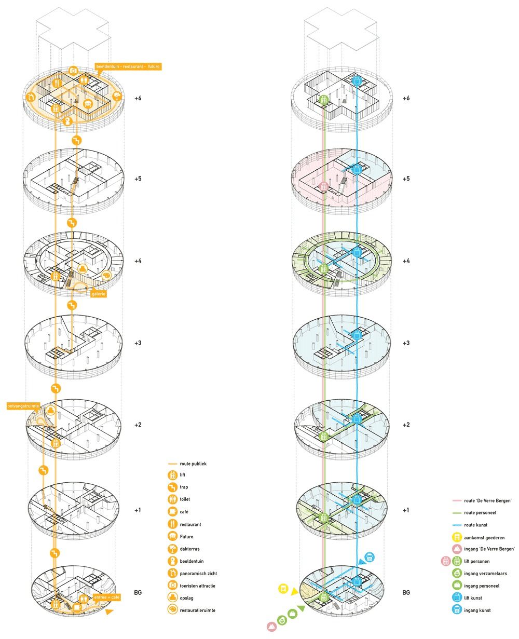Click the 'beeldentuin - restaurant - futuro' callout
click(x=128, y=66)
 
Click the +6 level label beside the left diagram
click(x=138, y=98)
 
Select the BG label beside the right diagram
click(x=406, y=592)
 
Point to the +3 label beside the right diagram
click(x=407, y=343)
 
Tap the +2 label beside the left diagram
click(x=138, y=425)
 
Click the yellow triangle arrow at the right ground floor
click(x=294, y=591)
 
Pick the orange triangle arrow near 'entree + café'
click(x=109, y=613)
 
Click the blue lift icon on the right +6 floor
click(x=357, y=82)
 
